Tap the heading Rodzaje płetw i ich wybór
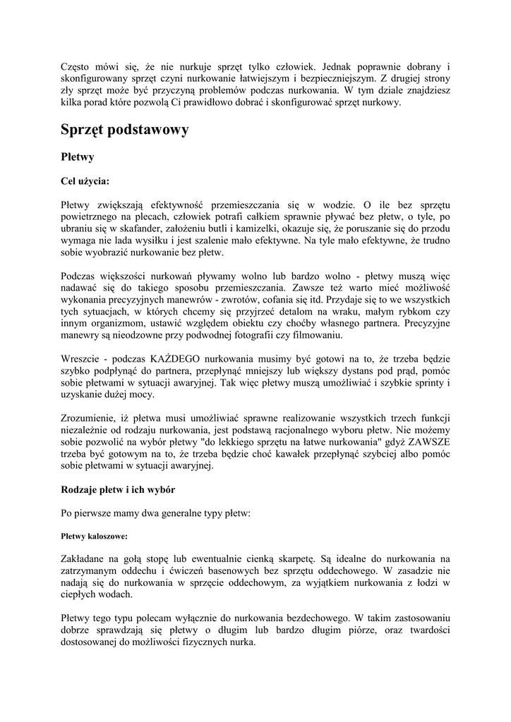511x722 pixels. (119, 489)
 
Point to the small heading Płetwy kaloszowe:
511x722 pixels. (93, 536)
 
